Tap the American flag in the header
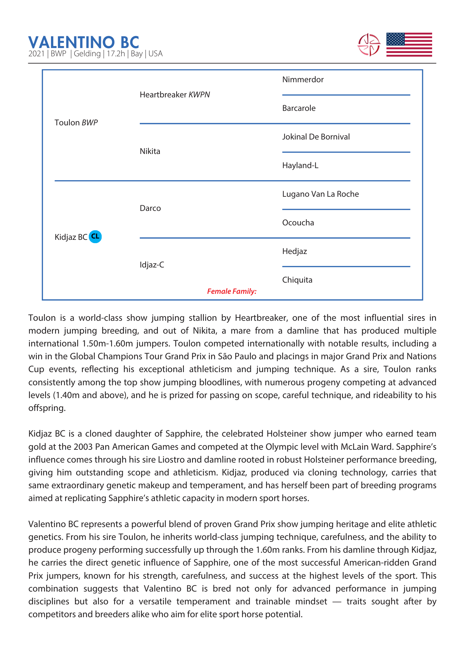tap(409, 45)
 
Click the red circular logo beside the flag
tap(369, 45)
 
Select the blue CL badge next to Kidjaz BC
tap(95, 237)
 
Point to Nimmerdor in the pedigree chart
tap(303, 80)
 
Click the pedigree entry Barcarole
tap(299, 108)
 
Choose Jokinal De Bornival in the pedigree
tap(316, 137)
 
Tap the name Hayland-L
tap(300, 165)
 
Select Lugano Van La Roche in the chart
tap(320, 194)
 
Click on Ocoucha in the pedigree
tap(298, 223)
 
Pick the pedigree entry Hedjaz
tap(294, 251)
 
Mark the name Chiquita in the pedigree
tap(297, 280)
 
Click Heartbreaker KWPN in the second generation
tap(175, 95)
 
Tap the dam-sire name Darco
tap(150, 208)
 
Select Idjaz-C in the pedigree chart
tap(152, 265)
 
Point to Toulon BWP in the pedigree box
tap(76, 123)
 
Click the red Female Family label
tap(232, 291)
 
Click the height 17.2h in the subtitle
tap(116, 54)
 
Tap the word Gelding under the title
tap(87, 54)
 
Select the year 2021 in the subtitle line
tap(36, 54)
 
